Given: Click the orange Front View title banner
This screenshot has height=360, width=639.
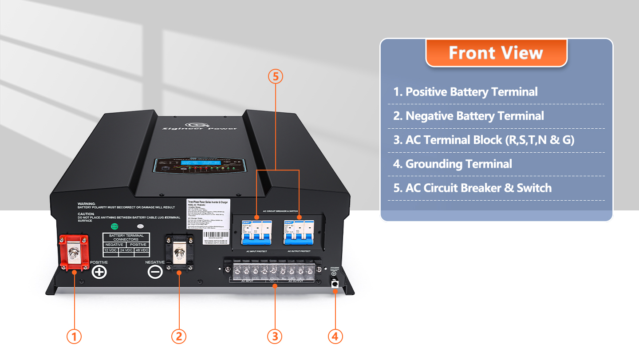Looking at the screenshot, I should pos(496,53).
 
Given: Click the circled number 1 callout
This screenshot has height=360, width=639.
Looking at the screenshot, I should pos(74,336).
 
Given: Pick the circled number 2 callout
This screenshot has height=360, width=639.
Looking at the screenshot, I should pos(178,336).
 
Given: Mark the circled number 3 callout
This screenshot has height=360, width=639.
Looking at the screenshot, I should pos(275,336).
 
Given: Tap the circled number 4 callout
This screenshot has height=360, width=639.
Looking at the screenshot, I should pos(335,336).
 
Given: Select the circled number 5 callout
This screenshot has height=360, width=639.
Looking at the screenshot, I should pos(276,76).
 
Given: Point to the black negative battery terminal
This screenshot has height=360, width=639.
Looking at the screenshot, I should pos(179,253).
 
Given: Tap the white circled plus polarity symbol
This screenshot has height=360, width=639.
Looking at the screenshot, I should pos(99,271).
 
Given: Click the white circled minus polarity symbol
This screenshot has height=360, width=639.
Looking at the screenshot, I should pos(155,271).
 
